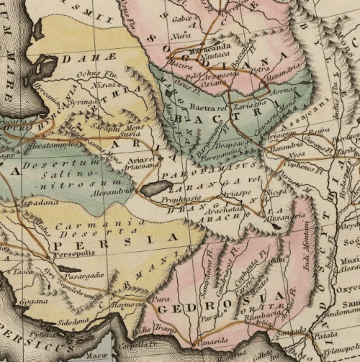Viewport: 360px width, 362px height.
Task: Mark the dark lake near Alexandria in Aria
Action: (155, 189)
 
